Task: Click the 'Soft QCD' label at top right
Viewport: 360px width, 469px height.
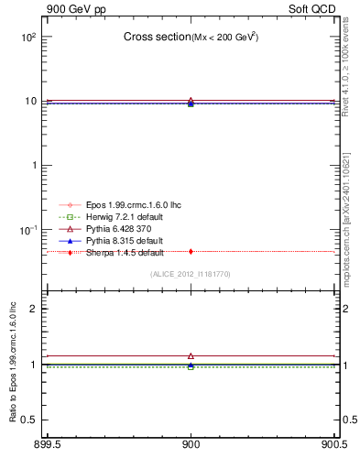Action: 314,8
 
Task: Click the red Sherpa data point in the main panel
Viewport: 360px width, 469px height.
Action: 191,251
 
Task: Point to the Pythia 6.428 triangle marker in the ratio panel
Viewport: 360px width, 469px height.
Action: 191,355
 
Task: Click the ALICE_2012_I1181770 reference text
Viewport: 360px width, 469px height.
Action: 191,274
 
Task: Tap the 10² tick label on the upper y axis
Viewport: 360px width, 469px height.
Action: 28,38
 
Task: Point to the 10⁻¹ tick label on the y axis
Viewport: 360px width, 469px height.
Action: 28,229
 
